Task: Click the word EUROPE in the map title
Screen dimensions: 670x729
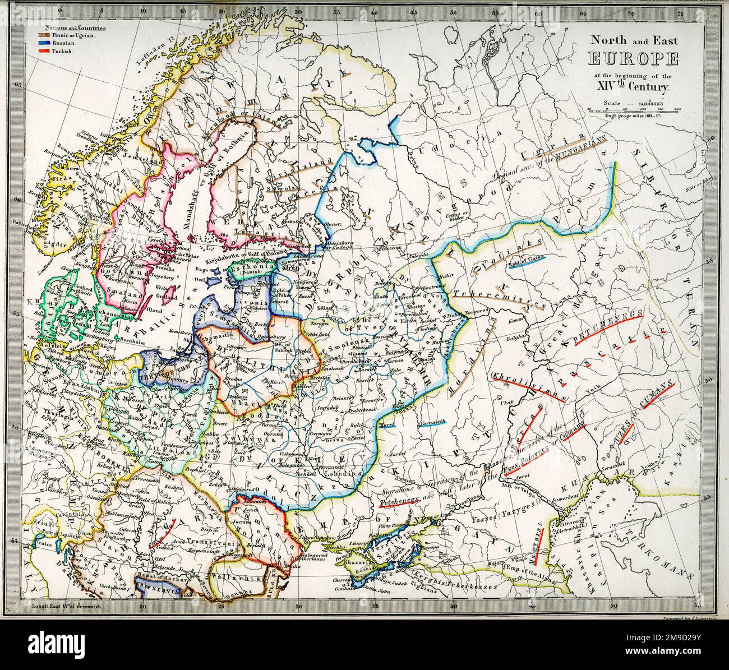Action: point(632,59)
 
